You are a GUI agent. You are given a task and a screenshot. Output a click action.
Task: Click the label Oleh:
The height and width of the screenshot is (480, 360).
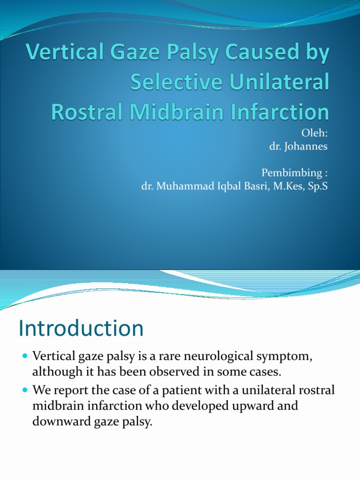click(315, 134)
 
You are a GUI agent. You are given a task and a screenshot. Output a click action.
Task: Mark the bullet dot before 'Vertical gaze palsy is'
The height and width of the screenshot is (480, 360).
click(25, 358)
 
